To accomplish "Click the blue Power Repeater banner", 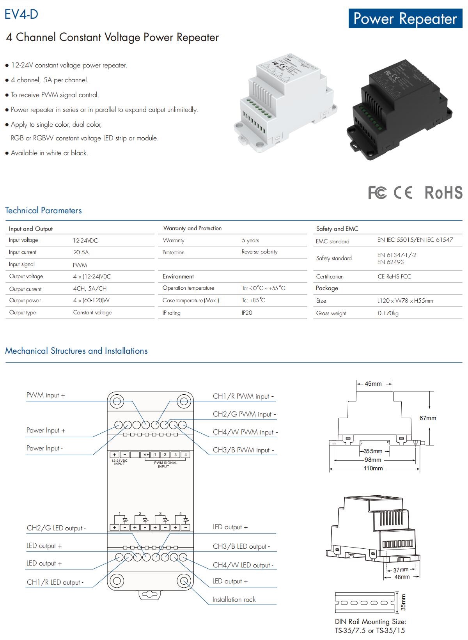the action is click(x=405, y=18).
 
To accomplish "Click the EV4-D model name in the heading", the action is click(x=21, y=14).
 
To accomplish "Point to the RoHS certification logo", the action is click(x=443, y=192).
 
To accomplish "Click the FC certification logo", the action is click(x=377, y=192).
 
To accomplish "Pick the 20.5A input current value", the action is click(x=81, y=252).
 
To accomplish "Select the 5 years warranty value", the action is click(x=250, y=240).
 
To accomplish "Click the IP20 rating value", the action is click(x=247, y=312).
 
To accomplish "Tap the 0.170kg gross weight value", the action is click(x=388, y=313).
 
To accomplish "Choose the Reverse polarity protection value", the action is click(x=259, y=252).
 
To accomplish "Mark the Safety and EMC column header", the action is click(x=337, y=229).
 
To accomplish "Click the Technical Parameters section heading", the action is click(x=43, y=210).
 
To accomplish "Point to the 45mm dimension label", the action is click(x=373, y=384).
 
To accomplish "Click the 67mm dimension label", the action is click(x=428, y=418).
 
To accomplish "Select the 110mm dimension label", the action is click(x=373, y=468).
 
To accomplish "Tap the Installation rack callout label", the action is click(x=234, y=599).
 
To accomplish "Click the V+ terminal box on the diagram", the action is click(x=146, y=454).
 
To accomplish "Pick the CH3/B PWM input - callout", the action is click(x=243, y=450).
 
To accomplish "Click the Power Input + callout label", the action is click(x=46, y=430).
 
